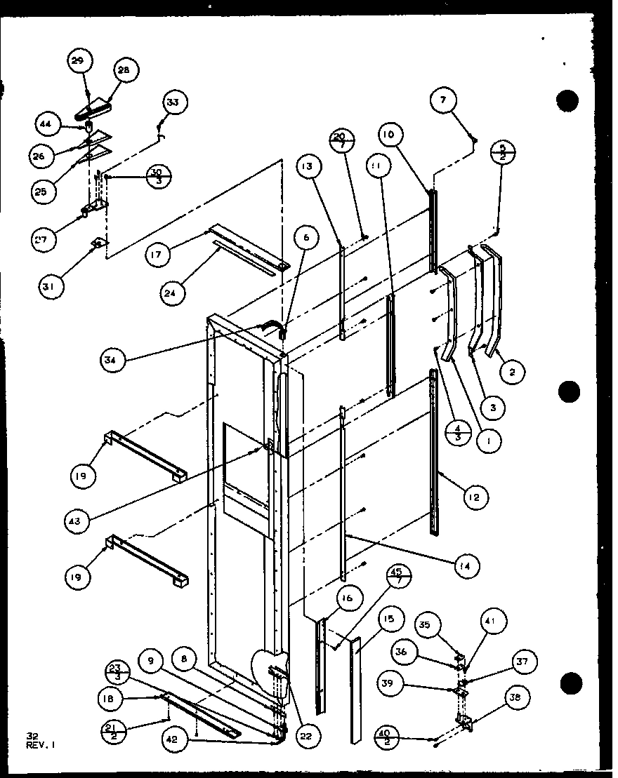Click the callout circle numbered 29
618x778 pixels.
point(78,62)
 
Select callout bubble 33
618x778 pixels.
point(173,103)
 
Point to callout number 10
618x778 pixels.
point(390,134)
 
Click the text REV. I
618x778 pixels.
point(40,745)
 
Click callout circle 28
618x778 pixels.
point(127,70)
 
